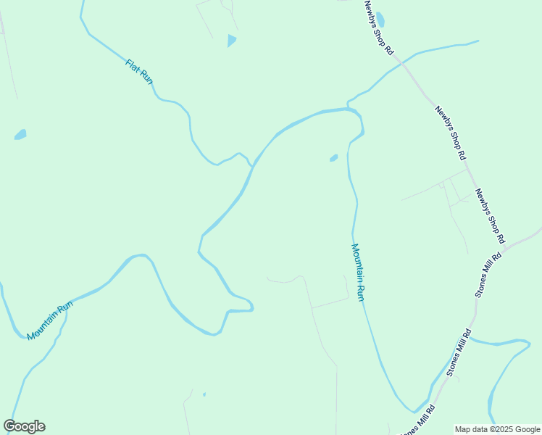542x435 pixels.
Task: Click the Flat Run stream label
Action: pos(139,72)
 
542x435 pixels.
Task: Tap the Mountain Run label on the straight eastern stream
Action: pos(358,273)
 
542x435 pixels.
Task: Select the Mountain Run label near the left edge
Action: pos(51,321)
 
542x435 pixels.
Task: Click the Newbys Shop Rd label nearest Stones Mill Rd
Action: pos(490,215)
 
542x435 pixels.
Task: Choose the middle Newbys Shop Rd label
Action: pos(450,133)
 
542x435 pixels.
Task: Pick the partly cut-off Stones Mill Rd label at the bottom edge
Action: pos(419,421)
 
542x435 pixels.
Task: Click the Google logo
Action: pos(24,426)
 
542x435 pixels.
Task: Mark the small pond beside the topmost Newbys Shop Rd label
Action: pos(380,19)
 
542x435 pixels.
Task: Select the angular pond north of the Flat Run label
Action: pos(231,41)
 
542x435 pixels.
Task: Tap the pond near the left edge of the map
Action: pos(20,134)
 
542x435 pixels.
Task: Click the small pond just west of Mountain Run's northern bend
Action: pos(333,157)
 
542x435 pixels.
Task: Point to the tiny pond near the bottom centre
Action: pos(204,394)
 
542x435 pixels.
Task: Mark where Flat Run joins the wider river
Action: pos(252,166)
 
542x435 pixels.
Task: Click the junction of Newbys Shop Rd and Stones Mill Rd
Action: pos(504,247)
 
